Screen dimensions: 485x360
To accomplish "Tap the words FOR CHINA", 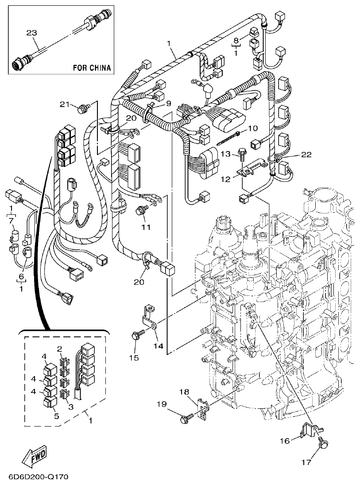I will [91, 68].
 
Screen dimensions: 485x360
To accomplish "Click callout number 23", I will [31, 33].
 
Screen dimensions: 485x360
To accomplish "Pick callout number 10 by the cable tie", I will [252, 128].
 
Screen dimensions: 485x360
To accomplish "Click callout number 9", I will [168, 104].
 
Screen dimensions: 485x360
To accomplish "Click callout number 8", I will [236, 39].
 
